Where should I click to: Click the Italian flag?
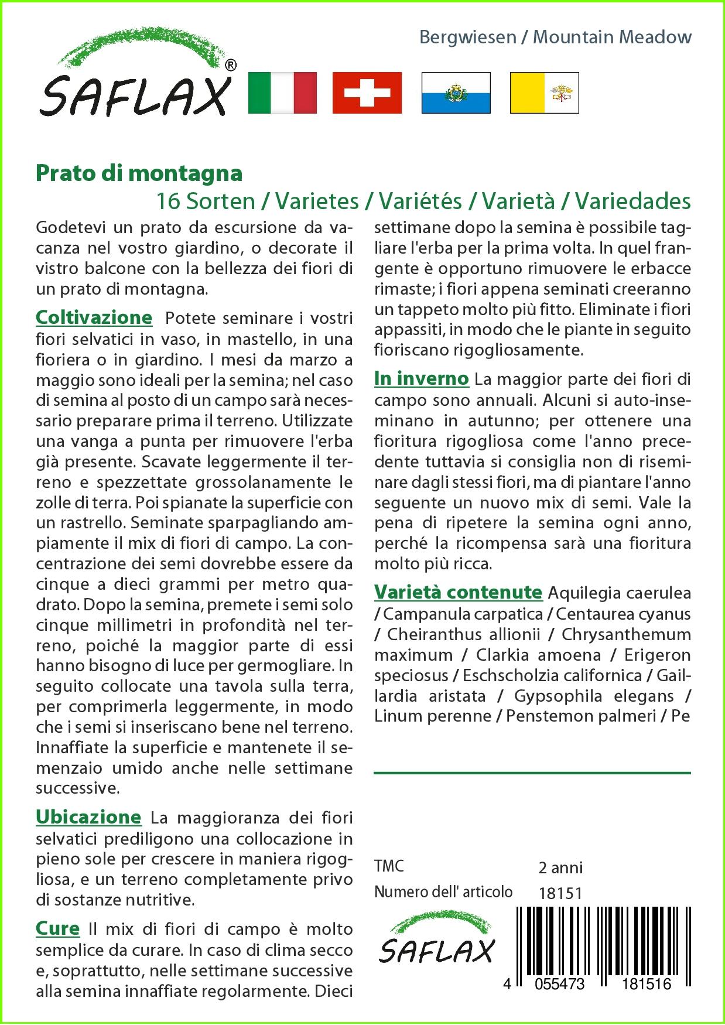pyautogui.click(x=282, y=93)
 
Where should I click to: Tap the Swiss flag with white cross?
pyautogui.click(x=367, y=93)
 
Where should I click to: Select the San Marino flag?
pyautogui.click(x=456, y=93)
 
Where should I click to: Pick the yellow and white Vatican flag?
pyautogui.click(x=544, y=93)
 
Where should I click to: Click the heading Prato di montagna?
pyautogui.click(x=139, y=173)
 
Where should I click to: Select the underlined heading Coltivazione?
pyautogui.click(x=94, y=317)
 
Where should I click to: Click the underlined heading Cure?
pyautogui.click(x=57, y=928)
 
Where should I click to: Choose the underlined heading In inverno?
pyautogui.click(x=421, y=378)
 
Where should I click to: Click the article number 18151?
pyautogui.click(x=560, y=893)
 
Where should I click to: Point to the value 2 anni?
pyautogui.click(x=560, y=867)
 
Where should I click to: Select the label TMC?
pyautogui.click(x=389, y=866)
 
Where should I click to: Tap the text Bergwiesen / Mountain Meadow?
pyautogui.click(x=555, y=37)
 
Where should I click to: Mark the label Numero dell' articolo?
pyautogui.click(x=443, y=892)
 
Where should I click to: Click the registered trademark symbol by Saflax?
pyautogui.click(x=231, y=66)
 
